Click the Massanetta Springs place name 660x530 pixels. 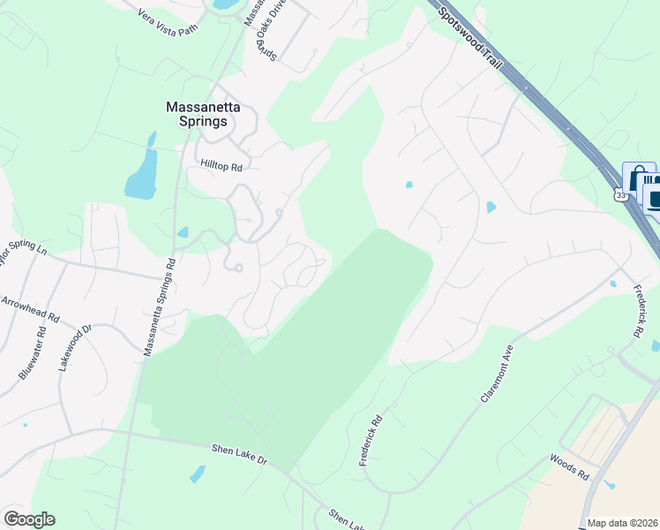click(203, 114)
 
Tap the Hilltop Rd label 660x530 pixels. click(221, 165)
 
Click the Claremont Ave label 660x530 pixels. click(497, 375)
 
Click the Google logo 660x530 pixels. click(29, 519)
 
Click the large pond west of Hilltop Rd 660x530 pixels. click(142, 172)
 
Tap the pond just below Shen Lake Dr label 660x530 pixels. click(198, 474)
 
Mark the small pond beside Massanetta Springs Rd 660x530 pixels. click(183, 232)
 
